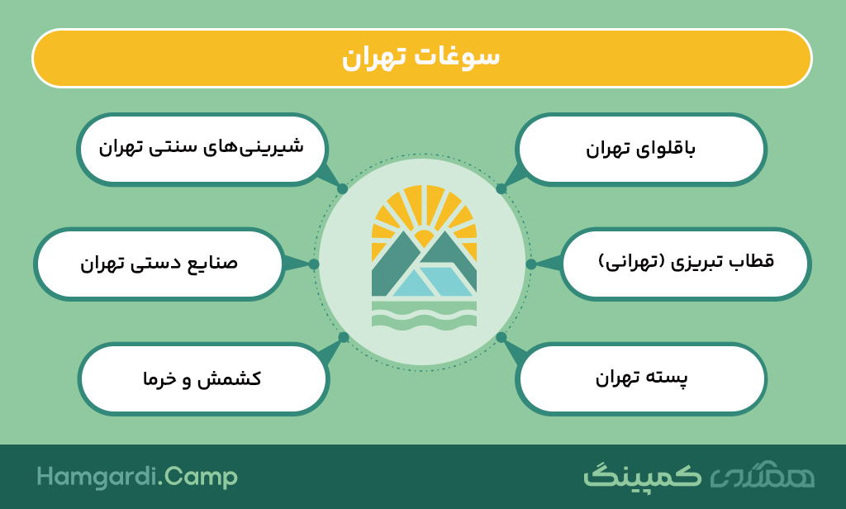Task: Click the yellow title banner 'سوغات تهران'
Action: pos(422,59)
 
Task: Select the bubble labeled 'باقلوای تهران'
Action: pos(641,149)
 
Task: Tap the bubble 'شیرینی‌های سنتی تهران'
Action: pos(202,149)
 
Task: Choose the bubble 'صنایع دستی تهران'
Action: pos(159,264)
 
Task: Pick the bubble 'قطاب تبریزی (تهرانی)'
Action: pos(686,264)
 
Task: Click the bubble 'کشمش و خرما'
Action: pos(203,378)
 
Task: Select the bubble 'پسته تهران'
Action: pos(641,378)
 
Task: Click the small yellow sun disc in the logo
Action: pos(424,238)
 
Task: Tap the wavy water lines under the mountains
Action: pos(424,315)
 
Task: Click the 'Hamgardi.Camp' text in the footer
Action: pos(137,477)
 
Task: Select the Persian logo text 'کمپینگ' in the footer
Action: pos(642,475)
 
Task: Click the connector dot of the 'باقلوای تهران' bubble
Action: pos(501,189)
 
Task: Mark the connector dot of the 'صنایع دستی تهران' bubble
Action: pos(314,264)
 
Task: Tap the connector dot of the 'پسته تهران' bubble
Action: pos(501,337)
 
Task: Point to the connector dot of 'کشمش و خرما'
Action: pos(343,337)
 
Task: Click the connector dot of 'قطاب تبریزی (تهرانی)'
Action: pos(531,264)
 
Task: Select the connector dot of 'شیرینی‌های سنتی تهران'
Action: pos(342,189)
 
